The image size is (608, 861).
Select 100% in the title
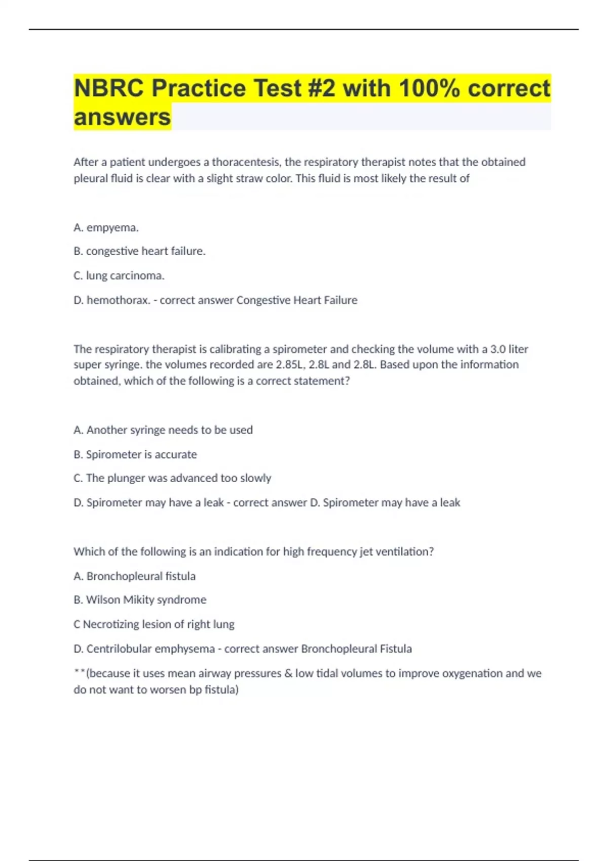tap(429, 88)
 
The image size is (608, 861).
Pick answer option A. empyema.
tap(106, 227)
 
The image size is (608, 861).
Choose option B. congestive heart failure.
tap(139, 251)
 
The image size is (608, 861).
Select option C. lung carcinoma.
tap(119, 276)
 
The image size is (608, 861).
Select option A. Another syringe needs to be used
tap(163, 430)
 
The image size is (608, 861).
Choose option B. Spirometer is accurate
tap(135, 454)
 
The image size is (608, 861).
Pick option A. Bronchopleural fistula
tap(135, 576)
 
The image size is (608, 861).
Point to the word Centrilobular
tap(119, 649)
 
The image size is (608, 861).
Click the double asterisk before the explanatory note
tap(79, 672)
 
